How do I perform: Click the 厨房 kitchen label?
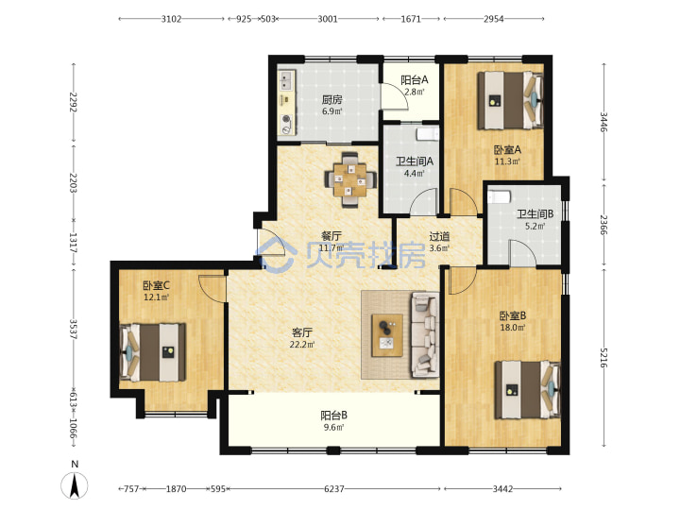click(x=331, y=100)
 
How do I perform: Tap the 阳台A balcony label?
click(x=415, y=79)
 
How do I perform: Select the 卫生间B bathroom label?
click(x=535, y=213)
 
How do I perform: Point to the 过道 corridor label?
click(x=439, y=236)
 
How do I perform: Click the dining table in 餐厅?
click(x=350, y=179)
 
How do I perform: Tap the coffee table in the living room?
click(x=387, y=335)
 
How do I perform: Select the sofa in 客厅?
click(x=424, y=334)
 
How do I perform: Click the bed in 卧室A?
click(x=510, y=101)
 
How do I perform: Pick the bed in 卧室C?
click(x=152, y=352)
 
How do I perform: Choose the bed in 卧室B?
click(x=528, y=390)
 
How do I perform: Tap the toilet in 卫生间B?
click(x=499, y=197)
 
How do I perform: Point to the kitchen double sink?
click(x=286, y=80)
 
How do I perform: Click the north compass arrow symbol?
click(x=75, y=484)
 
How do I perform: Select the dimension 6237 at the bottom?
click(x=334, y=489)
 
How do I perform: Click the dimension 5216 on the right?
click(x=603, y=357)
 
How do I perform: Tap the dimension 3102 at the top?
click(x=171, y=19)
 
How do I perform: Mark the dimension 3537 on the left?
click(x=74, y=330)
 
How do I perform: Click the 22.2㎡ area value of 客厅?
click(x=302, y=345)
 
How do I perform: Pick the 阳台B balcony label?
click(x=333, y=416)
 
